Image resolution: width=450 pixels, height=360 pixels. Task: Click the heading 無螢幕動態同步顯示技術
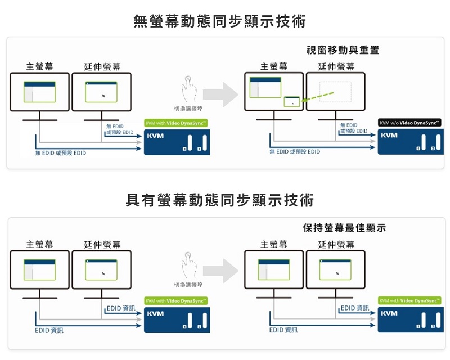(220, 22)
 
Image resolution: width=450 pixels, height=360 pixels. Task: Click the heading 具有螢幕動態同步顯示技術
(220, 200)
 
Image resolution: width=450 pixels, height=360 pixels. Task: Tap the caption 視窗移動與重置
(343, 50)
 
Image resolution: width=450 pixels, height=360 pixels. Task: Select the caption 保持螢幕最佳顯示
(344, 228)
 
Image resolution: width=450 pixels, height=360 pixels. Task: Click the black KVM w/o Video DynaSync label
(409, 123)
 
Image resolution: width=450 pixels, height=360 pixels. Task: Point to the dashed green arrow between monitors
(321, 96)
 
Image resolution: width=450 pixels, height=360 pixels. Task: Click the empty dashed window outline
(335, 91)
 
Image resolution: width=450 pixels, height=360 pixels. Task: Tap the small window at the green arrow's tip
(292, 101)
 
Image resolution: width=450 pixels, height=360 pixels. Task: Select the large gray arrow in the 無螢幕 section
(220, 94)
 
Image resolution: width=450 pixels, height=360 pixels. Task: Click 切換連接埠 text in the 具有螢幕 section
(188, 285)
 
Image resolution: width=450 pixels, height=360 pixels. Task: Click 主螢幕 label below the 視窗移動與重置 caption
(274, 67)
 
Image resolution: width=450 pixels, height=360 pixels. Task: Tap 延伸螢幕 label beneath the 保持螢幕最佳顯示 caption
(336, 245)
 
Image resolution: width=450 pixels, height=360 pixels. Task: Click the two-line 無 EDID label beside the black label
(354, 128)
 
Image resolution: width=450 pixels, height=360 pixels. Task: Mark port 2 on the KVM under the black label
(433, 148)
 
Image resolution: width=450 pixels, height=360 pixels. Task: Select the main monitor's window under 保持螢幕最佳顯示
(274, 269)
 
